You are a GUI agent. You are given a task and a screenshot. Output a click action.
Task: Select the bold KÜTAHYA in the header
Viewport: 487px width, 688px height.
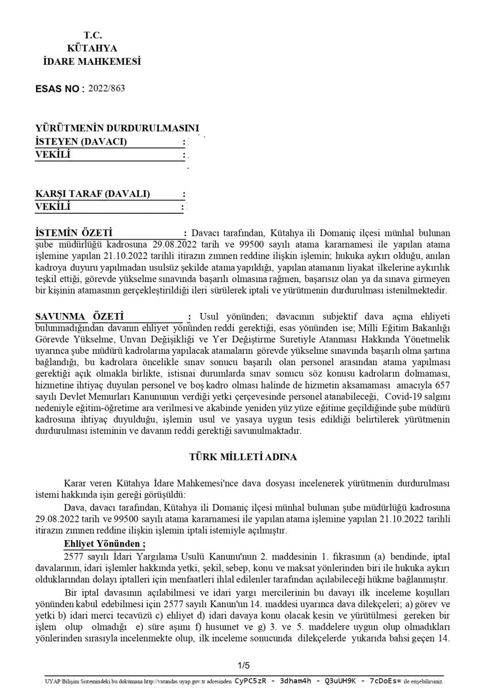[92, 48]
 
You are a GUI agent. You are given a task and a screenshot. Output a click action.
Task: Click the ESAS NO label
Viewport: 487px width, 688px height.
[60, 89]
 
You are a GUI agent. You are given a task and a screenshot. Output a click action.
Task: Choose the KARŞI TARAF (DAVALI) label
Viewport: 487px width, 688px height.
[92, 194]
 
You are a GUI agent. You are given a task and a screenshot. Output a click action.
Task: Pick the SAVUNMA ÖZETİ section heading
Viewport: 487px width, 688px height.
[77, 317]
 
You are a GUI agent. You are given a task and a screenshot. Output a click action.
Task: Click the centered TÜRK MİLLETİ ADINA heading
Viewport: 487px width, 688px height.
[243, 457]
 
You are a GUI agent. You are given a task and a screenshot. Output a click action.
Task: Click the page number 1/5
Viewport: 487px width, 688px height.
[243, 665]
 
